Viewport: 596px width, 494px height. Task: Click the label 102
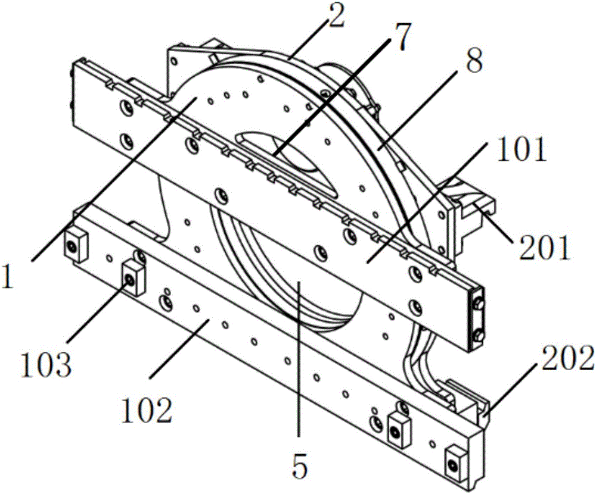point(147,410)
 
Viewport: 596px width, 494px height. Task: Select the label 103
point(46,364)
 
